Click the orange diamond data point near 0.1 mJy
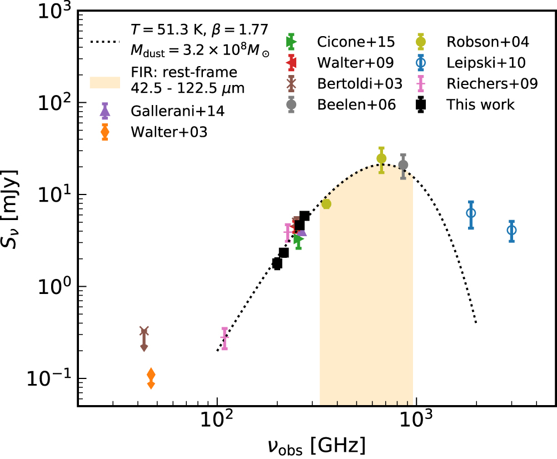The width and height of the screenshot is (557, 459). (151, 375)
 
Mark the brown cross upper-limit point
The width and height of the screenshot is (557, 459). (145, 332)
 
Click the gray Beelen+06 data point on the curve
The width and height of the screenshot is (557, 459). (404, 165)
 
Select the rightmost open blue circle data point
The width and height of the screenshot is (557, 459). (511, 230)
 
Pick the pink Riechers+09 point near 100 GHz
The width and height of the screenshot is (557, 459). (225, 338)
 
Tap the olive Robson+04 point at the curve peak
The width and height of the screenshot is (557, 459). (381, 158)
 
